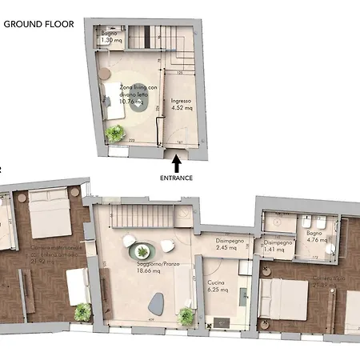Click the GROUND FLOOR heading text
pyautogui.click(x=38, y=24)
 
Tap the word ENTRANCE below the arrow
pyautogui.click(x=176, y=178)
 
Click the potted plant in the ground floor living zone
pyautogui.click(x=117, y=134)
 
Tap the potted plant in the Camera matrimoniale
pyautogui.click(x=82, y=313)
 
